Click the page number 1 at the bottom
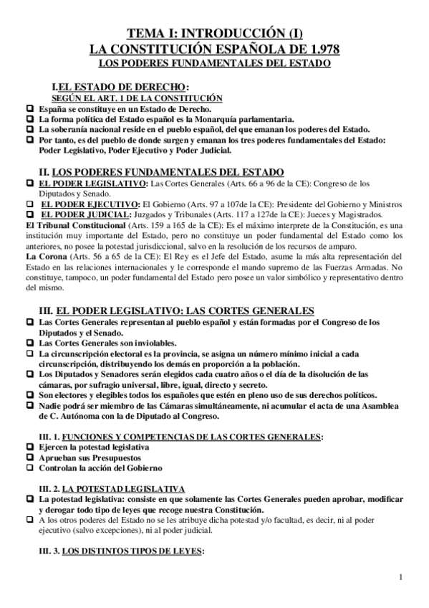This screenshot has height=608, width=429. click(x=404, y=576)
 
